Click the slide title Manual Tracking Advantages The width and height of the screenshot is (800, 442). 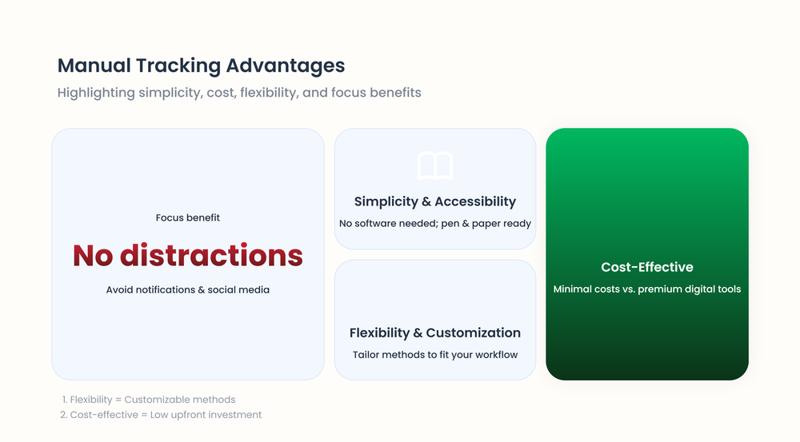click(201, 66)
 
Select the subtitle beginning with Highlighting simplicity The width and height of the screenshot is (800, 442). click(238, 93)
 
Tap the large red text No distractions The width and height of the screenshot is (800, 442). click(188, 255)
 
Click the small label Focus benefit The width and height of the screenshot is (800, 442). click(188, 217)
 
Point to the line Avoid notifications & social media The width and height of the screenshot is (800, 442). click(188, 290)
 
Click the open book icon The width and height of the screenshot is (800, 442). click(435, 166)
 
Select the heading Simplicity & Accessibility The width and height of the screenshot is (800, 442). click(435, 201)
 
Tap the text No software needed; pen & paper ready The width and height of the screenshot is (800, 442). click(435, 224)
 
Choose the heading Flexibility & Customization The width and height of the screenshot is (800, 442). click(435, 332)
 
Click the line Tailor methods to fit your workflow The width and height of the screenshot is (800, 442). click(435, 355)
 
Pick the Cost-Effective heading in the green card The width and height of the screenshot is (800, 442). click(647, 267)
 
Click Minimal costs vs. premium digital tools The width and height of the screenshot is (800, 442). click(647, 289)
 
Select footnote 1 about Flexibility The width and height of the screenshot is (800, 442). click(149, 400)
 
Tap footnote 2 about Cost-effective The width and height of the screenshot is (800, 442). click(162, 415)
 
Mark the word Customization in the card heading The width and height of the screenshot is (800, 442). click(474, 332)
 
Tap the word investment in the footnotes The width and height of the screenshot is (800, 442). click(233, 415)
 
